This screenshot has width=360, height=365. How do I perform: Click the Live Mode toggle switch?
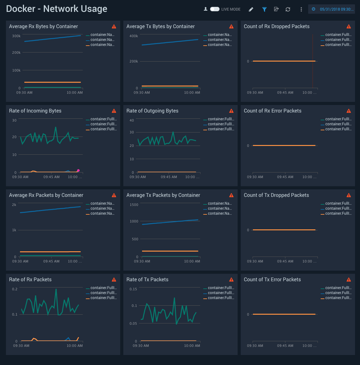[x=215, y=9]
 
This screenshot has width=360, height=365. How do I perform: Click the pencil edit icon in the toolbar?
[x=251, y=9]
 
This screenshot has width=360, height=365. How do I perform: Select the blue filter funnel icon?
[x=264, y=9]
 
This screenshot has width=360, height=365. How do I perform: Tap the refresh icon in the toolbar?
[x=288, y=9]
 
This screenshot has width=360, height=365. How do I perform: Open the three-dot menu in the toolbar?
[x=301, y=9]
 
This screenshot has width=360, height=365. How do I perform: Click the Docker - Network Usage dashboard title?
[x=57, y=9]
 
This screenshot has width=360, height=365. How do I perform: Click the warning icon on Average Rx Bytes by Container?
[x=114, y=27]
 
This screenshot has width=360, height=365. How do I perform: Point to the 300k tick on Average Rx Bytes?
[x=16, y=36]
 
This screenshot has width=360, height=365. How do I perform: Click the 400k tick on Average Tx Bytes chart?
[x=134, y=36]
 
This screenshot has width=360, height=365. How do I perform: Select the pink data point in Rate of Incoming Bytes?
[x=78, y=171]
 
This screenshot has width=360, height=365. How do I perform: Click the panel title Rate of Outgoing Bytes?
[x=152, y=111]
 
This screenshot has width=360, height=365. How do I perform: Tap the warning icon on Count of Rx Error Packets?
[x=349, y=111]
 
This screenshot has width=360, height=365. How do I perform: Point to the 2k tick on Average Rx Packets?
[x=14, y=205]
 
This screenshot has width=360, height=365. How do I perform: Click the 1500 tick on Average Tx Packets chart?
[x=134, y=205]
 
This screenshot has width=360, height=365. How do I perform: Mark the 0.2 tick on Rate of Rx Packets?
[x=15, y=289]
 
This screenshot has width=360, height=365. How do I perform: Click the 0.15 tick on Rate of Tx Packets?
[x=133, y=289]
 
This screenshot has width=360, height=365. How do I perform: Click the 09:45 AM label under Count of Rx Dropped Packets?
[x=285, y=92]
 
